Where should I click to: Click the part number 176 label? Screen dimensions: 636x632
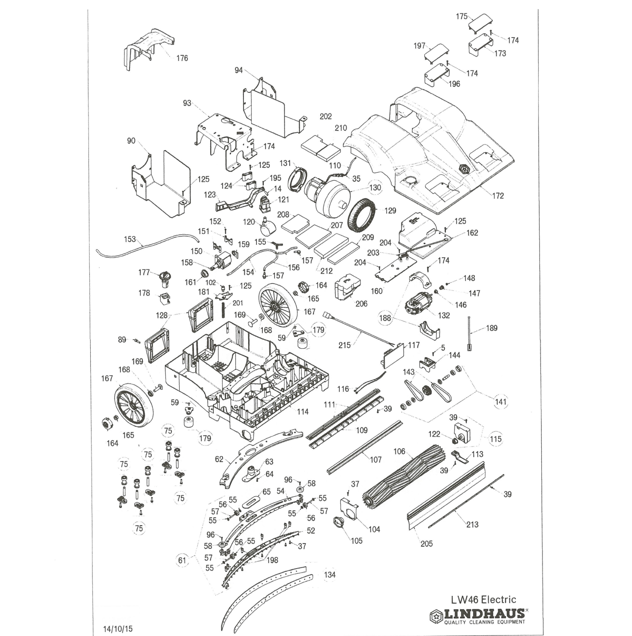tap(182, 58)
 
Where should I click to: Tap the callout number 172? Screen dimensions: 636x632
tap(498, 195)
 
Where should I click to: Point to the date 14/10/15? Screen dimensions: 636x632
tap(118, 629)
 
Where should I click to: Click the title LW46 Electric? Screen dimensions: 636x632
tap(483, 599)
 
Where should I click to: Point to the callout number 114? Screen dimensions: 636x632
tap(303, 412)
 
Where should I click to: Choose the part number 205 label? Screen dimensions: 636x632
tap(427, 543)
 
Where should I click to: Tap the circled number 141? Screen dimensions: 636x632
tap(501, 402)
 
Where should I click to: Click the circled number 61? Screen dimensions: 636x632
tap(182, 560)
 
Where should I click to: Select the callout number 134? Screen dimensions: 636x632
tap(329, 574)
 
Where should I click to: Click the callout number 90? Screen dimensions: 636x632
tap(131, 141)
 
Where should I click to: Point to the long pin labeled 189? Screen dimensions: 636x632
tap(469, 334)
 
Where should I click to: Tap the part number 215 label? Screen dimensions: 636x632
tap(344, 345)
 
